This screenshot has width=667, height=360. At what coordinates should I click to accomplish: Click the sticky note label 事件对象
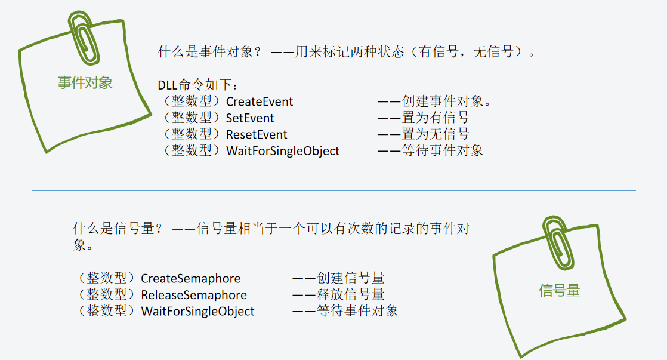pyautogui.click(x=85, y=82)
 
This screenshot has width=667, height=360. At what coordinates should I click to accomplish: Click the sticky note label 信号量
pyautogui.click(x=559, y=291)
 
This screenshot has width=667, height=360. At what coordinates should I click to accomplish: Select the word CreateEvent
pyautogui.click(x=260, y=101)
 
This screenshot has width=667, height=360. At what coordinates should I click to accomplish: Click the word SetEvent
pyautogui.click(x=250, y=118)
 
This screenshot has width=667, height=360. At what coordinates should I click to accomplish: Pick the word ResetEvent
pyautogui.click(x=257, y=134)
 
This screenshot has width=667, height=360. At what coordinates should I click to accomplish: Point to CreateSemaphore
pyautogui.click(x=190, y=278)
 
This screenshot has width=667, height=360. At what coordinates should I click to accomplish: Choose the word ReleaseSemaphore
pyautogui.click(x=193, y=295)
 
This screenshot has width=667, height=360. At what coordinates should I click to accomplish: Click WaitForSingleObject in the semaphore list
pyautogui.click(x=197, y=311)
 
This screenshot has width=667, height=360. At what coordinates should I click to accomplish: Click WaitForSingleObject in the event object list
pyautogui.click(x=283, y=151)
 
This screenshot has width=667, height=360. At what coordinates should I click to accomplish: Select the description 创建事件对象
pyautogui.click(x=446, y=101)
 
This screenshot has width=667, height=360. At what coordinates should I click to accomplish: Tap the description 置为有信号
pyautogui.click(x=436, y=118)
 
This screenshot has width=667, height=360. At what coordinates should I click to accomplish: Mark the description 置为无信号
pyautogui.click(x=436, y=134)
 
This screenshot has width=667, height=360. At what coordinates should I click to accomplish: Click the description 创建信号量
pyautogui.click(x=351, y=278)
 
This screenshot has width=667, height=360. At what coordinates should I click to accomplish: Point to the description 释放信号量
pyautogui.click(x=351, y=295)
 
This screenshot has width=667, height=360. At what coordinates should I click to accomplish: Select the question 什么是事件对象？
pyautogui.click(x=209, y=52)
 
